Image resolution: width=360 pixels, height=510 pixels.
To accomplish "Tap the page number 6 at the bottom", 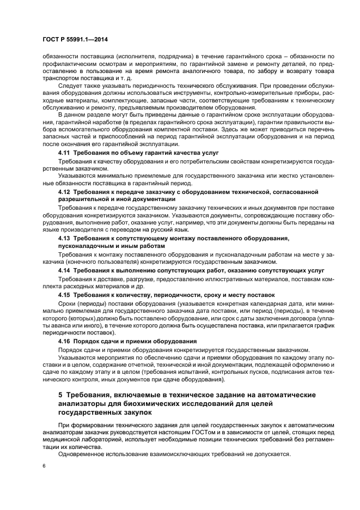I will [x=44, y=466].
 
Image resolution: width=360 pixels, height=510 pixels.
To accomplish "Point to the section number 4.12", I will [x=64, y=193].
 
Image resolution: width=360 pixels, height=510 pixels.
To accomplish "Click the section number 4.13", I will [x=64, y=239].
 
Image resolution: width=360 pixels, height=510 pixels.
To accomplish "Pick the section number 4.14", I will [x=64, y=270].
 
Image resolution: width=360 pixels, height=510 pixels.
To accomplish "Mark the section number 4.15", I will [x=64, y=295].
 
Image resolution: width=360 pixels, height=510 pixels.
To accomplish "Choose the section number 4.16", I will [x=64, y=341].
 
